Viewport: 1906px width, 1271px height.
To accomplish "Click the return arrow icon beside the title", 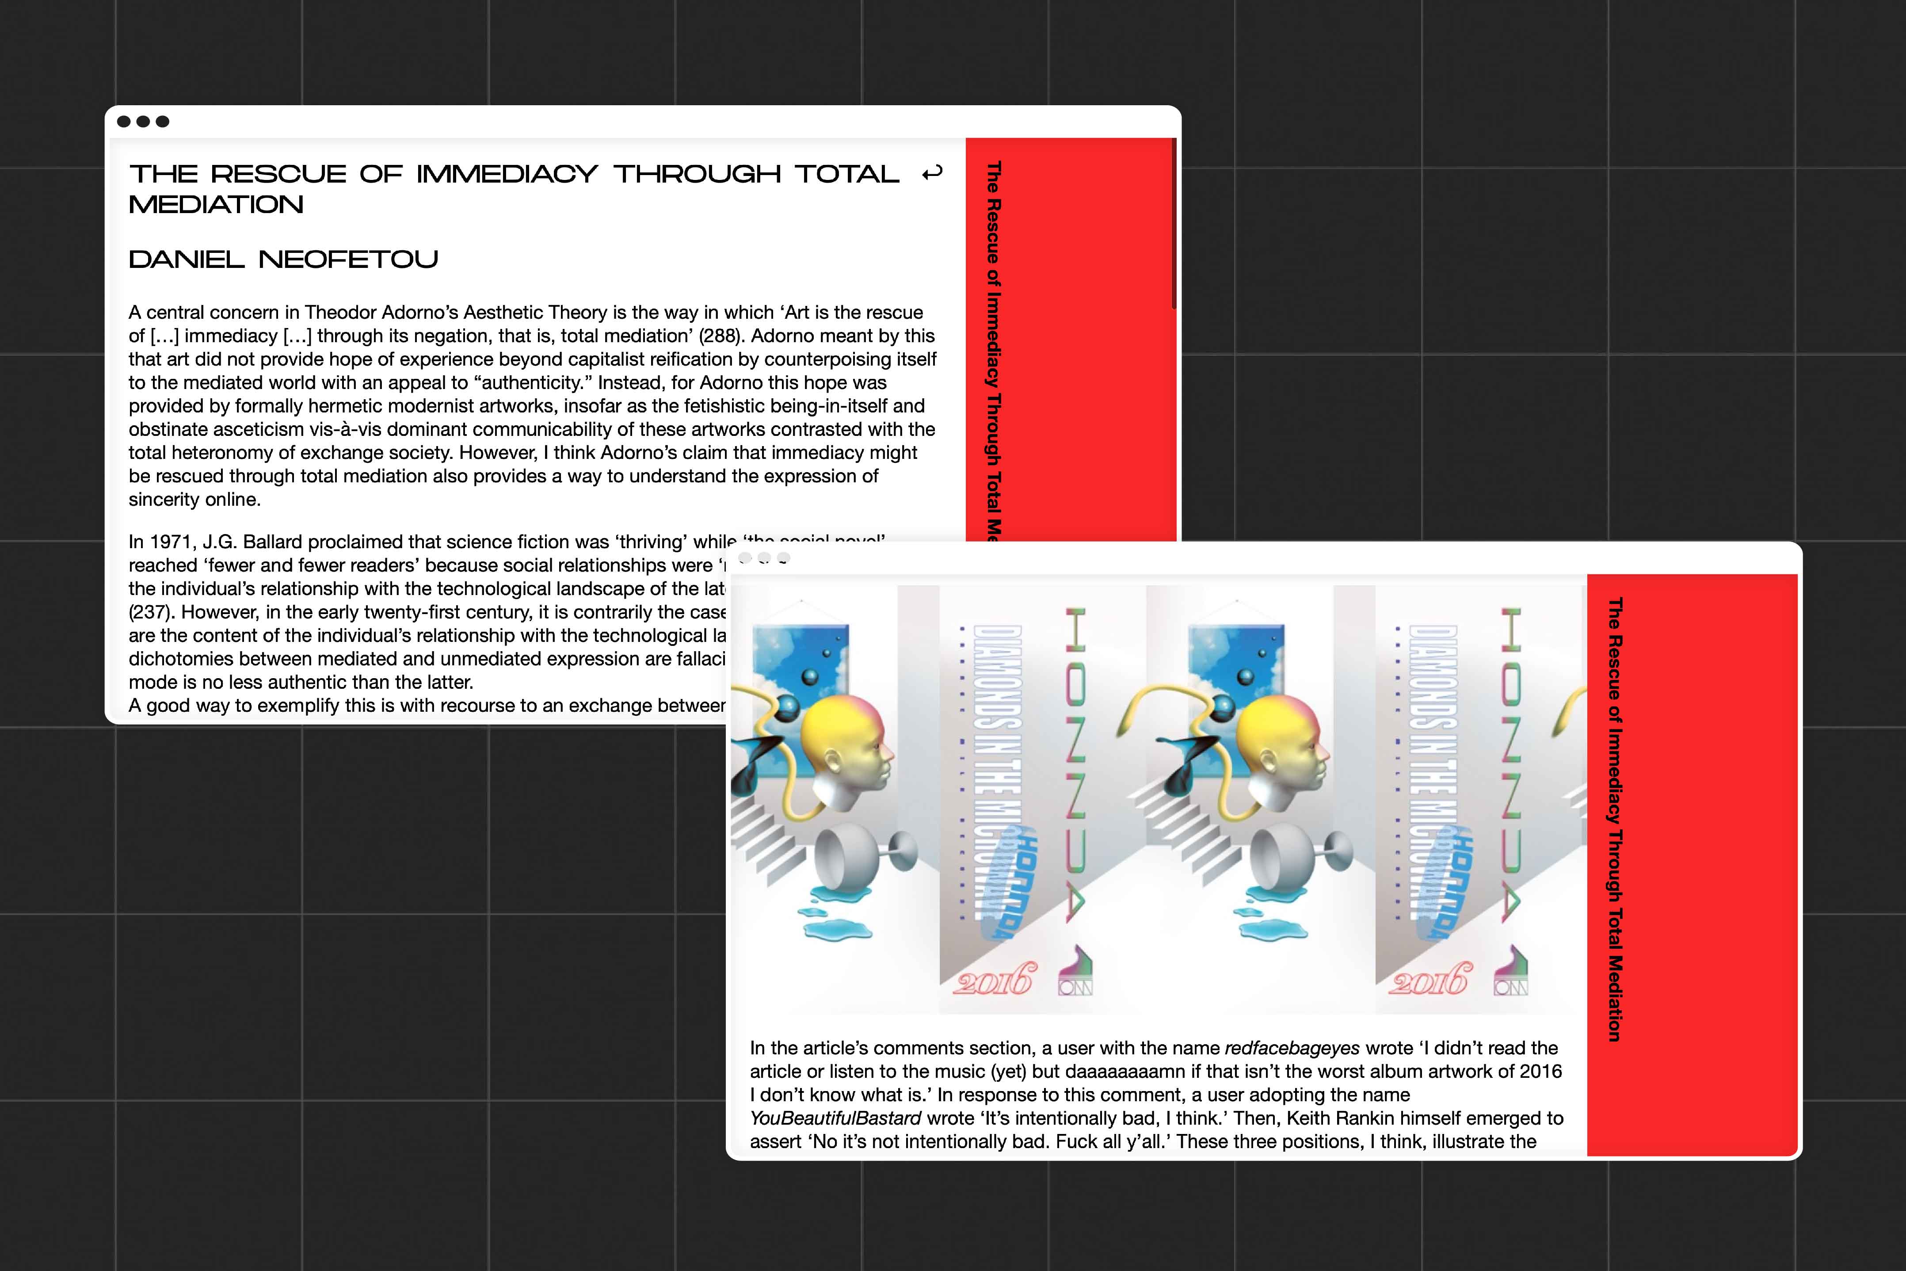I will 932,173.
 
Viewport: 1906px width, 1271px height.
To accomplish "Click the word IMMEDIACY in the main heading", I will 507,174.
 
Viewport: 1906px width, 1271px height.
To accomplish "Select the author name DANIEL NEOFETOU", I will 284,260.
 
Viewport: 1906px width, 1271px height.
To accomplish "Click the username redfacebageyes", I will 1292,1048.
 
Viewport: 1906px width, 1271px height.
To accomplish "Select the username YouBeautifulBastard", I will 835,1118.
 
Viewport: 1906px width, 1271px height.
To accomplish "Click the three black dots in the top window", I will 143,122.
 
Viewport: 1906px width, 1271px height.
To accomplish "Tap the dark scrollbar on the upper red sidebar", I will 1174,223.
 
